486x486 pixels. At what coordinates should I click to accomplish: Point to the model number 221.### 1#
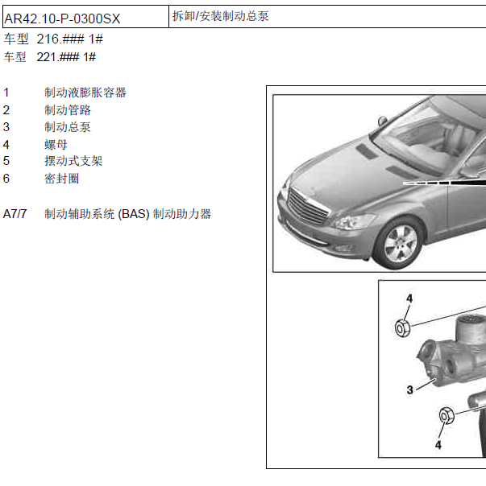point(67,57)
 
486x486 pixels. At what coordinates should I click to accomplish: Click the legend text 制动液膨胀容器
point(85,93)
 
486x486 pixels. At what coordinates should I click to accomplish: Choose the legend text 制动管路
point(68,110)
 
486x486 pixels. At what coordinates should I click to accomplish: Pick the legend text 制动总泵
point(68,127)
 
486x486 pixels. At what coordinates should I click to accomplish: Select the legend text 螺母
point(56,145)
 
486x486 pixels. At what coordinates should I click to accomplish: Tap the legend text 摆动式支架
point(73,161)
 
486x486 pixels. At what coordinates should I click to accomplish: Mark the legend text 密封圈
point(62,179)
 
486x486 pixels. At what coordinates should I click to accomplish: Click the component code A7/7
point(15,214)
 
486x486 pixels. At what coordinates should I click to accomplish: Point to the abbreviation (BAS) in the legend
point(133,214)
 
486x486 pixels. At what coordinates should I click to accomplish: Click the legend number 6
point(6,179)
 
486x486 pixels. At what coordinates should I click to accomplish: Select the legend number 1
point(6,93)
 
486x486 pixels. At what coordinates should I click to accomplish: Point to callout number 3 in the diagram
point(409,390)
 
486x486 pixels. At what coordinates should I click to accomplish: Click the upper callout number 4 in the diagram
point(409,299)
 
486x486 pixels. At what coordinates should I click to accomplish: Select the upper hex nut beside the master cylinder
point(403,327)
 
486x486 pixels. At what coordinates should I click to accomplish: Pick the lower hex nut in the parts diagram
point(445,416)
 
